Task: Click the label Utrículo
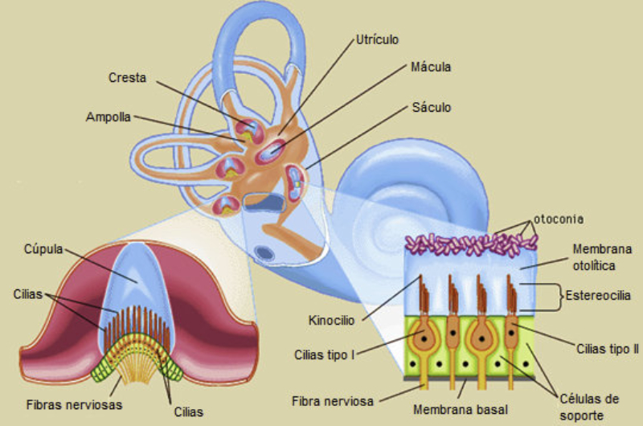point(377,39)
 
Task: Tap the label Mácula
point(429,68)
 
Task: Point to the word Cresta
point(128,78)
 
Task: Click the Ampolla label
point(109,117)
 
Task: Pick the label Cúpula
point(43,249)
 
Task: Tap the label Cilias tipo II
point(607,348)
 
